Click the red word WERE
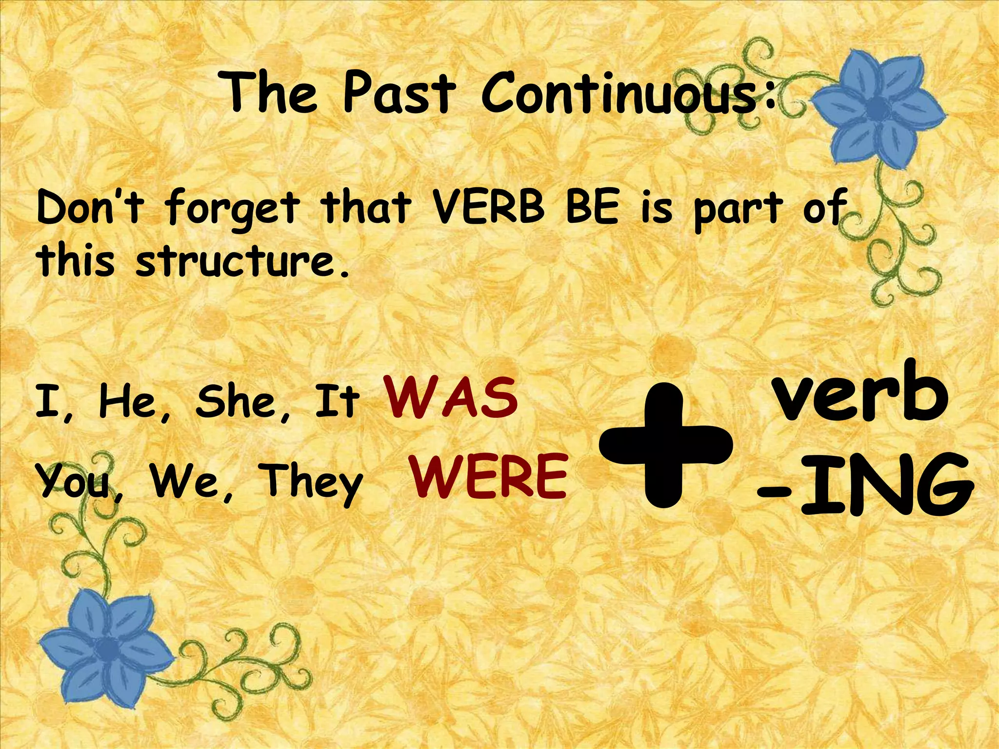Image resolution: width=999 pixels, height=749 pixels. tap(488, 477)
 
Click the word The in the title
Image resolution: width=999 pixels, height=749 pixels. tap(271, 93)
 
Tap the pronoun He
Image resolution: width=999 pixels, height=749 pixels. tap(129, 402)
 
